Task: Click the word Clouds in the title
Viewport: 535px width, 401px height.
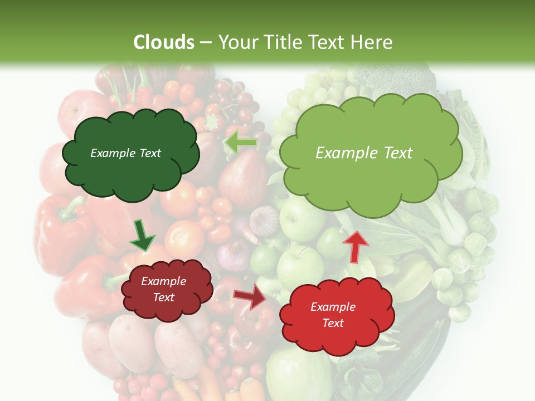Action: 164,42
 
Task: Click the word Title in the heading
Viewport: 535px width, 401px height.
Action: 287,42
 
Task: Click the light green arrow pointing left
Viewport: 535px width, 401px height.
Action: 241,143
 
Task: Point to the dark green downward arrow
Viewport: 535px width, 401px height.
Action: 142,236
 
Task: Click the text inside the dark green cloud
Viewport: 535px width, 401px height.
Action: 125,153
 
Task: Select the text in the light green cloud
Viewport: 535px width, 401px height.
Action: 364,153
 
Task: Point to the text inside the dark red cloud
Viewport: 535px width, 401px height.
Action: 163,290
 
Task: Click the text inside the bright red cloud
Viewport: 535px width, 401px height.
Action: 333,315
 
